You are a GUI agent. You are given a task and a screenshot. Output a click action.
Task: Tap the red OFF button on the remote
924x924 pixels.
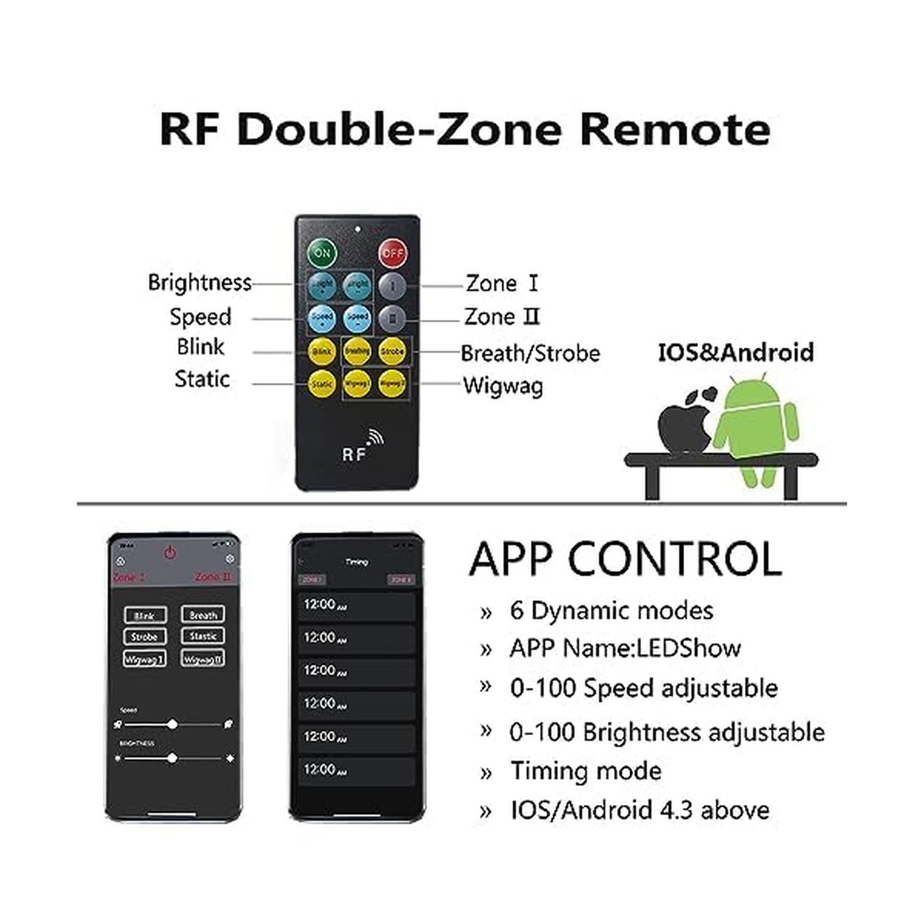point(392,253)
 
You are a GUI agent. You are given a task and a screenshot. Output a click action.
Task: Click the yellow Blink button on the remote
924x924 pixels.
point(322,351)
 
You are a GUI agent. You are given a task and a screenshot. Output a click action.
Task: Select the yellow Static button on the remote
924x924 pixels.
point(322,384)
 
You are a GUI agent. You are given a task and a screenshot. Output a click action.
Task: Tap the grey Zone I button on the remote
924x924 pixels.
point(393,285)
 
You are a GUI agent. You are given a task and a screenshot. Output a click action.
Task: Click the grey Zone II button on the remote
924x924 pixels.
point(393,318)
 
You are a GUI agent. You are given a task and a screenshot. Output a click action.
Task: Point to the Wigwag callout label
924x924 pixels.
point(503,386)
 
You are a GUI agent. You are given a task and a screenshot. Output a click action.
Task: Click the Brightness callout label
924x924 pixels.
point(200,282)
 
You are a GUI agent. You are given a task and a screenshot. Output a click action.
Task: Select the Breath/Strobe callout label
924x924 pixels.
point(530,353)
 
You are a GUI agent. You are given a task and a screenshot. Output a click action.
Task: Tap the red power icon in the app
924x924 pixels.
point(170,553)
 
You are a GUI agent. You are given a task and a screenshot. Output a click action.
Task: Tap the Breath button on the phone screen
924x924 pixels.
point(203,615)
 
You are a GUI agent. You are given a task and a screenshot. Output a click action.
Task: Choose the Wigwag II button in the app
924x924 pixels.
point(203,659)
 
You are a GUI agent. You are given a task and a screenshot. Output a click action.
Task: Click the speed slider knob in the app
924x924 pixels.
point(172,724)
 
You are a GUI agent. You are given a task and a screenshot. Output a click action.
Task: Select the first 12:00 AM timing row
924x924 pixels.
point(356,605)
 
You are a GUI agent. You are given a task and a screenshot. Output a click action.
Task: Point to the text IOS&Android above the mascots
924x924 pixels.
point(736,352)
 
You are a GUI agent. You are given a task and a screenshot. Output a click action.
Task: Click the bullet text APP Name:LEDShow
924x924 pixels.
point(625,649)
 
